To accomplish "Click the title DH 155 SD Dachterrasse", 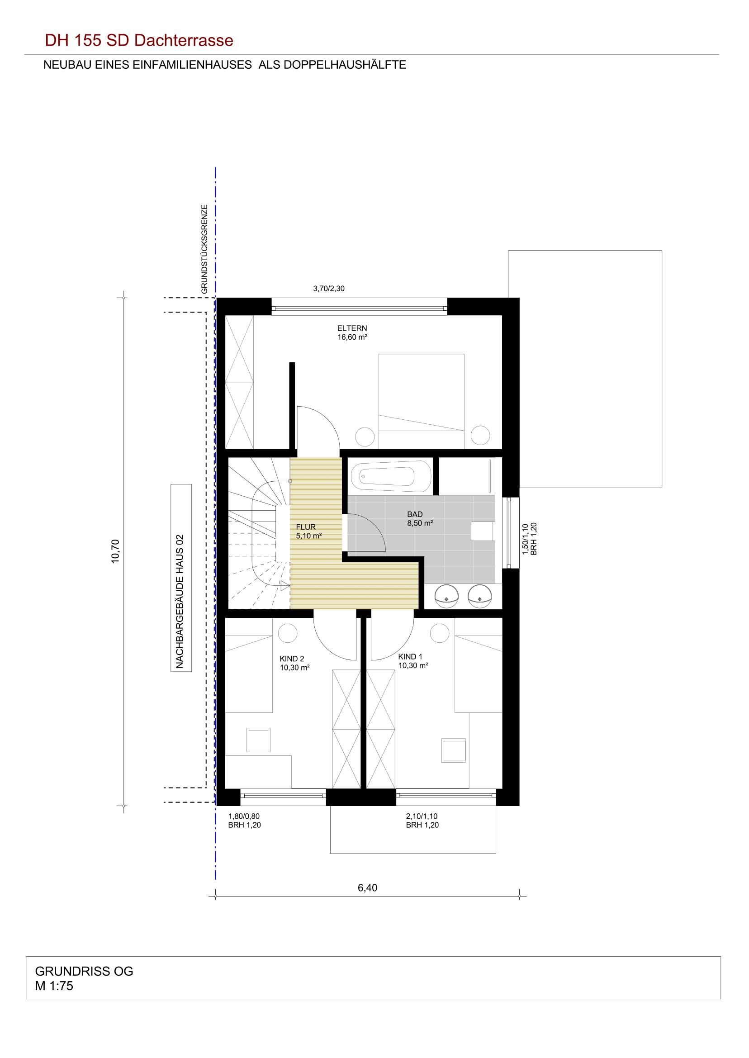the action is (x=139, y=41).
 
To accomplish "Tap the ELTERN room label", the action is (x=352, y=328).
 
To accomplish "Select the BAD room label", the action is (x=415, y=514).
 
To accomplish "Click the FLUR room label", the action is (x=306, y=527).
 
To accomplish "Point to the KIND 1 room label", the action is (x=410, y=657).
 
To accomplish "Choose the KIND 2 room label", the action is (x=291, y=659).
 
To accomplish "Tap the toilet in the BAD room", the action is (x=483, y=531).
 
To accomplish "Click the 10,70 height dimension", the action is (x=115, y=550).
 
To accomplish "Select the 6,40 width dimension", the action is (x=368, y=888).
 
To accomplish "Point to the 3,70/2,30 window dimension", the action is (x=329, y=289).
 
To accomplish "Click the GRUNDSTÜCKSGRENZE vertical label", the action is (x=204, y=249).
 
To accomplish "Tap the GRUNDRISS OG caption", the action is (x=84, y=971).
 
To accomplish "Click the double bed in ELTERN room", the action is (x=421, y=401).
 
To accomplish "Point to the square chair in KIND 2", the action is (x=258, y=740).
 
